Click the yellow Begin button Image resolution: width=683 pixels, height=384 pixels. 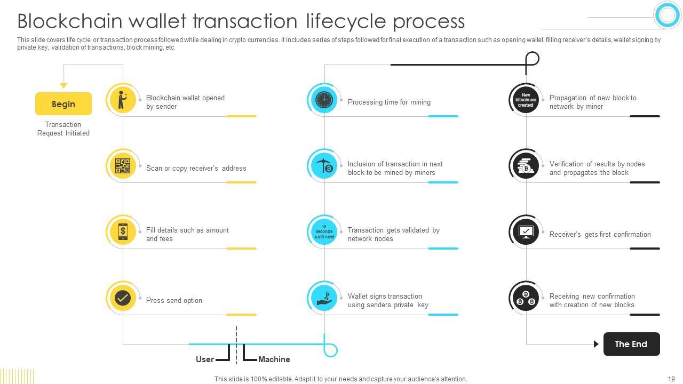click(x=63, y=104)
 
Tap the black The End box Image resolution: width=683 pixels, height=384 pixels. click(x=631, y=344)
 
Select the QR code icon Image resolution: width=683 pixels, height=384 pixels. click(x=123, y=166)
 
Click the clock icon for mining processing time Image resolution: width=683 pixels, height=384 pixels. click(x=324, y=100)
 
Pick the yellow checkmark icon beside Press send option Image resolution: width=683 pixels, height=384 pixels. click(x=123, y=298)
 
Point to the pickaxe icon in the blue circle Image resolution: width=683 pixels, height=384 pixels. click(x=324, y=166)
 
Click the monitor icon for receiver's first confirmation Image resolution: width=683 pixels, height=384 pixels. click(x=526, y=232)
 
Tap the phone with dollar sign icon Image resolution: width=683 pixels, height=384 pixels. click(x=123, y=232)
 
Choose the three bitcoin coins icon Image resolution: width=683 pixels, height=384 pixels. click(x=526, y=298)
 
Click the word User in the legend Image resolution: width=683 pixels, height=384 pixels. click(x=205, y=359)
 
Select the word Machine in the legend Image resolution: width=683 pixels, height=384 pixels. click(x=274, y=359)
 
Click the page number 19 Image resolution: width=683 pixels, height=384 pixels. click(x=671, y=379)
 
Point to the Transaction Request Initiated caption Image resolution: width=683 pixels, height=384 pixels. click(x=63, y=129)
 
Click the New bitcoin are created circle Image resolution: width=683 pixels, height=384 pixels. click(x=526, y=100)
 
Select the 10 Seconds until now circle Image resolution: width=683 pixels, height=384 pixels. click(x=324, y=232)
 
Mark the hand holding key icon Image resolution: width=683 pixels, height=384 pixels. click(x=324, y=298)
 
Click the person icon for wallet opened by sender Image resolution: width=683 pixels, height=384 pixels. click(x=122, y=100)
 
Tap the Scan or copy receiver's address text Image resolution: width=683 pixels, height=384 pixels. click(x=196, y=169)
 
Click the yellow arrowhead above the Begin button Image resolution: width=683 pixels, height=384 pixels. click(x=63, y=85)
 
